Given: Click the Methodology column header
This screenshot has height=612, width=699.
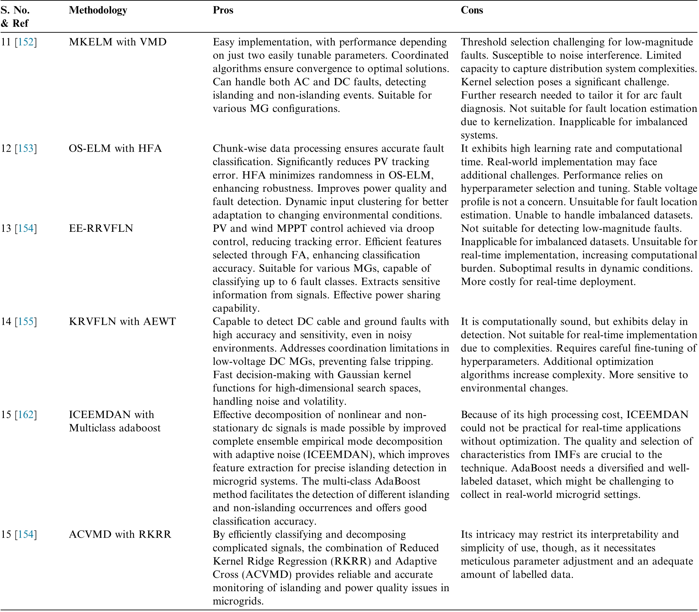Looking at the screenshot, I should click(98, 10).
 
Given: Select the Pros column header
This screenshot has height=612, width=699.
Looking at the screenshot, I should click(223, 10).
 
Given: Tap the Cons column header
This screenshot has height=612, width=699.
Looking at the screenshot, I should click(471, 10).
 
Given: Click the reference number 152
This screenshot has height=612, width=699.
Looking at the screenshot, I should click(26, 42).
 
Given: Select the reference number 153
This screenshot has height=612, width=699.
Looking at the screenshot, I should click(26, 148).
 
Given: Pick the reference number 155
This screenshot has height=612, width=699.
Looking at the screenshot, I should click(26, 322).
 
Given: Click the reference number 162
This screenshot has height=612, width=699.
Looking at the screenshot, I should click(26, 415).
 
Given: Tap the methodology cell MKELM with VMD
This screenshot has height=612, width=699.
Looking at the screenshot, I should click(118, 42).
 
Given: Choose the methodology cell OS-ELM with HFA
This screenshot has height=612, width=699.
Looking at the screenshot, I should click(115, 148).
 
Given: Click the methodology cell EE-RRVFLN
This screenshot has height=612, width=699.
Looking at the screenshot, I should click(101, 229).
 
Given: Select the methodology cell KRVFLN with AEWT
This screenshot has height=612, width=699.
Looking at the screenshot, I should click(122, 322).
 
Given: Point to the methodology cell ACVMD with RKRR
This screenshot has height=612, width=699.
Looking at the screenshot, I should click(120, 534).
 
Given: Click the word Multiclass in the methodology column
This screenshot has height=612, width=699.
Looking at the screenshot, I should click(91, 428).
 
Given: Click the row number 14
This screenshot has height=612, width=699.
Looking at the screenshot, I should click(6, 322).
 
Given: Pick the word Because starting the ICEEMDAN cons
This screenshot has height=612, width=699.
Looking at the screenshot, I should click(478, 415).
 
